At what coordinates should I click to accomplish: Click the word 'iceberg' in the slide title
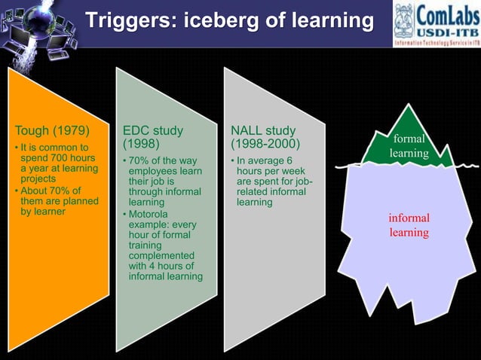[x=215, y=22]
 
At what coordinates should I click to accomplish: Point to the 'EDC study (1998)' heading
[x=153, y=137]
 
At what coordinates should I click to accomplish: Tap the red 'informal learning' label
[x=409, y=225]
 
